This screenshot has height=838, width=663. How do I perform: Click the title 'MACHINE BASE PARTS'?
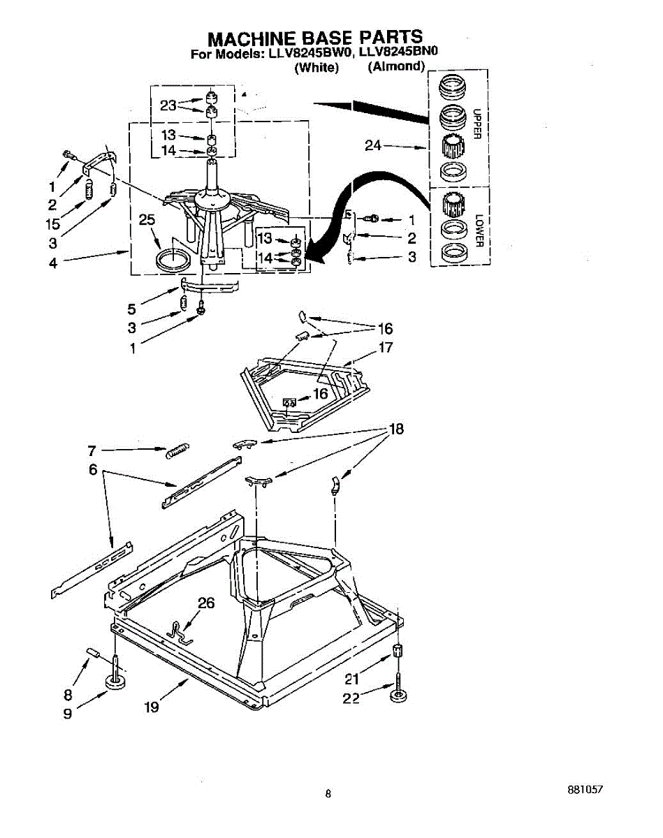[315, 37]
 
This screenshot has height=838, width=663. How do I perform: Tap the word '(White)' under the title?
[316, 67]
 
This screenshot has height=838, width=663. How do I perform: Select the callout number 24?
[374, 146]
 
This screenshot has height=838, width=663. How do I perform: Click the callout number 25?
[147, 220]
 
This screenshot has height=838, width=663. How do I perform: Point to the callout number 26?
[205, 603]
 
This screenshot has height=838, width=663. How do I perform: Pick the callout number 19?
[152, 707]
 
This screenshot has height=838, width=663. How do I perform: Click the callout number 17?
[386, 347]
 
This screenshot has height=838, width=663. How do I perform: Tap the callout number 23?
[168, 105]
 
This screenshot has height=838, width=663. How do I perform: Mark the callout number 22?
[351, 698]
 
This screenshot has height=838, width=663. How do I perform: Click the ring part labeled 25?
[171, 261]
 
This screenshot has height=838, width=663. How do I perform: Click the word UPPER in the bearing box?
[478, 124]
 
